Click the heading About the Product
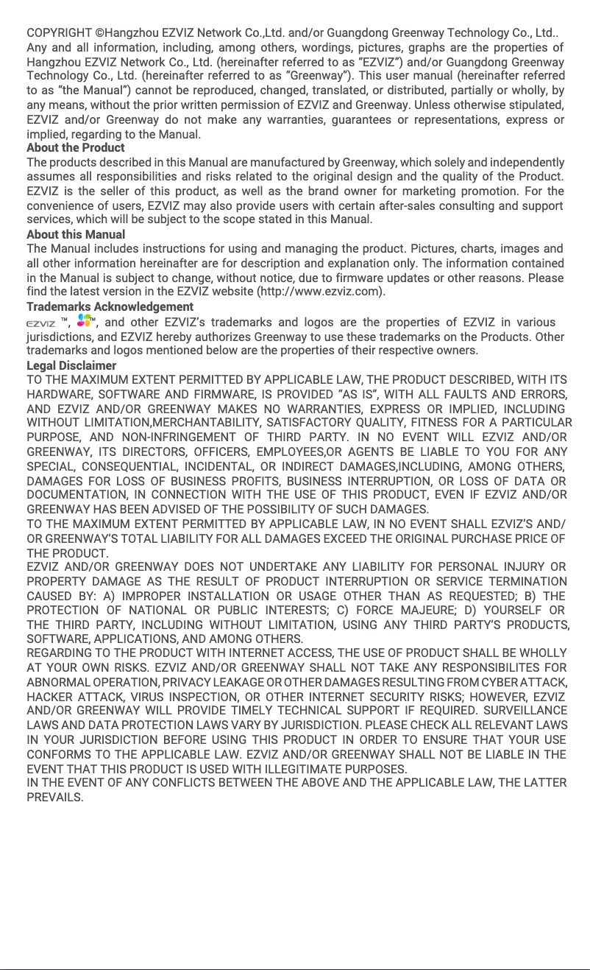coord(76,147)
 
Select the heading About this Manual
coord(76,234)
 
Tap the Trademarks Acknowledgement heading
coord(110,306)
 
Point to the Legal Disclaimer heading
coord(71,365)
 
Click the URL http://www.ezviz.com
coord(319,292)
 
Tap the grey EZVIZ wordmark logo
coord(40,323)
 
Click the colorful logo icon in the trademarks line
coord(85,321)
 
